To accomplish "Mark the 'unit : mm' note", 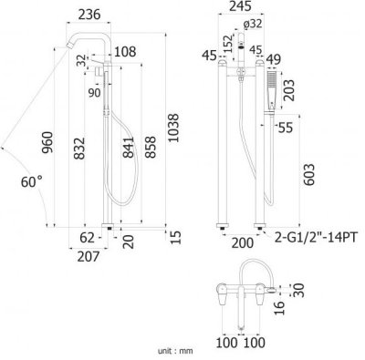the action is [x=177, y=349].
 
